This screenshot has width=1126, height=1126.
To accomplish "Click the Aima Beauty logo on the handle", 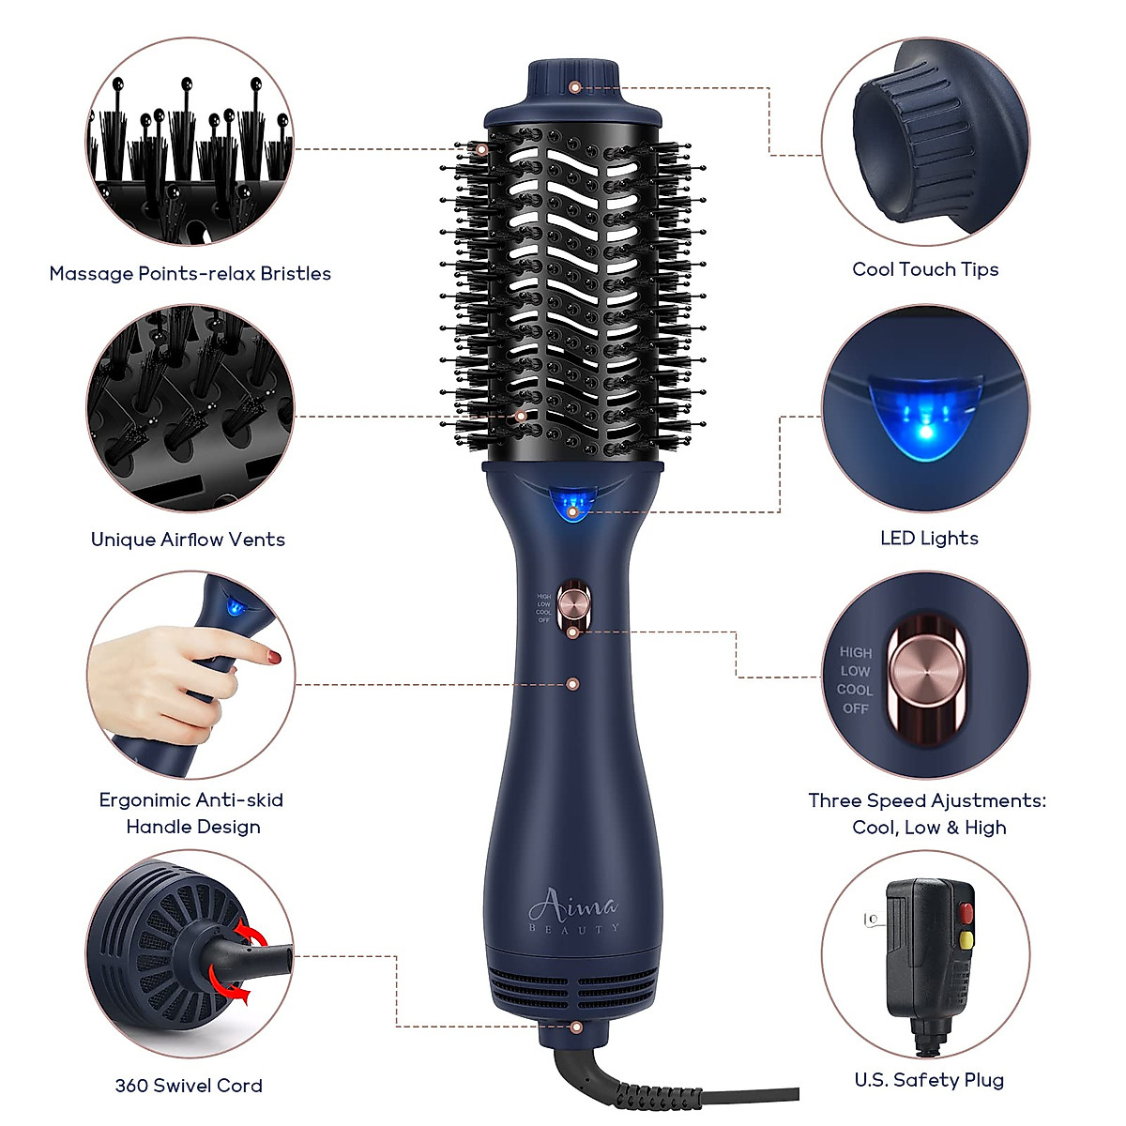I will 573,911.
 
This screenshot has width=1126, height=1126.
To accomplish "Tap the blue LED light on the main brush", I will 572,505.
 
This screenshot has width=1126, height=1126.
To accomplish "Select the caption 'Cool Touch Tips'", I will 925,269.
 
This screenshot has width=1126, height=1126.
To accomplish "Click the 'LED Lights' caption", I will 929,538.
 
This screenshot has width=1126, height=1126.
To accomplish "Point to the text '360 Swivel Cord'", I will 189,1086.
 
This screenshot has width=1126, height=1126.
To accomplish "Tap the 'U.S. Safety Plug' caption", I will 929,1080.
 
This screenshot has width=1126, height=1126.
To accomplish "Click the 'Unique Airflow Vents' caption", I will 188,540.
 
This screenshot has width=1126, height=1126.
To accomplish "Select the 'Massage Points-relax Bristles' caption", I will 190,274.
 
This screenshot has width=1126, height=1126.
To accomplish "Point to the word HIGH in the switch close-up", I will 856,652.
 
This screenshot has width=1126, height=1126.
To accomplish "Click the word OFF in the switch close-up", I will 856,708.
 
